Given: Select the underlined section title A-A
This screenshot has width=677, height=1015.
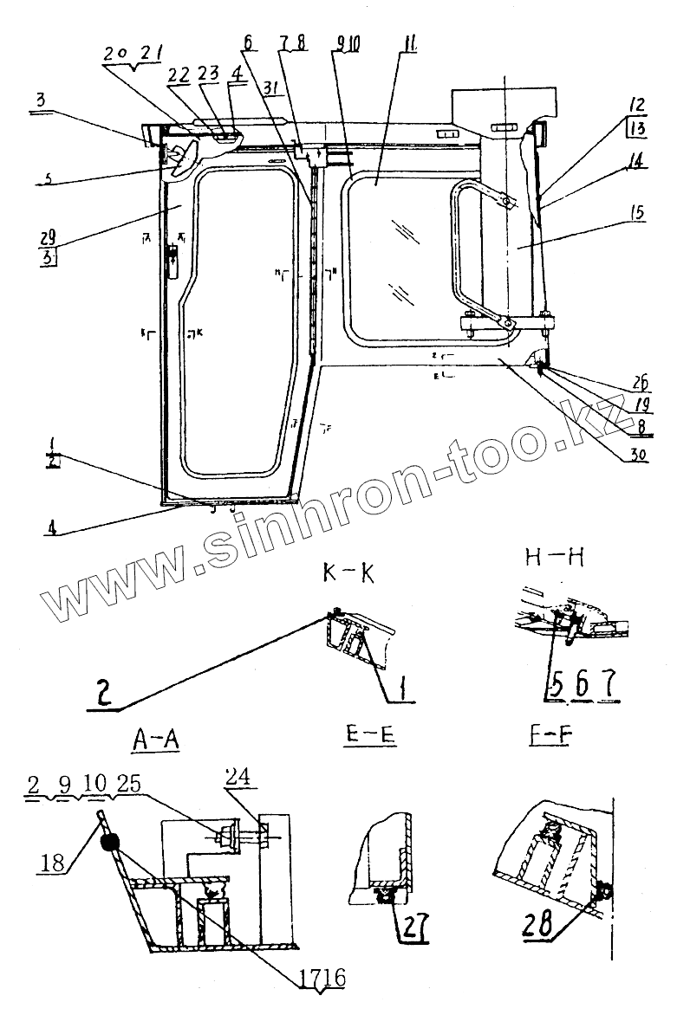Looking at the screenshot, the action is (x=156, y=739).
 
